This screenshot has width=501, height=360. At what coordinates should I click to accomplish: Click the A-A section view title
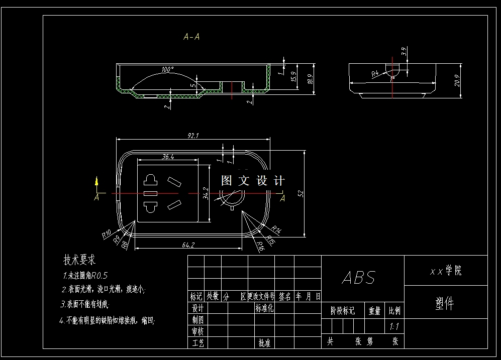[192, 37]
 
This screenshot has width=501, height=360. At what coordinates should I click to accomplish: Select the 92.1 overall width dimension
[193, 136]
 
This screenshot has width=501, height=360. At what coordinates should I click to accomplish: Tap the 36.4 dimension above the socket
[168, 157]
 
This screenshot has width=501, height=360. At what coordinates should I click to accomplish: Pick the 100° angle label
[168, 69]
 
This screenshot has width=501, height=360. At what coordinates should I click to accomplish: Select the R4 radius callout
[374, 74]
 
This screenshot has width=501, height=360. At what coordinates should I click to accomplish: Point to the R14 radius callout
[275, 229]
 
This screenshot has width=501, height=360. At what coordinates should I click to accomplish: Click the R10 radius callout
[107, 233]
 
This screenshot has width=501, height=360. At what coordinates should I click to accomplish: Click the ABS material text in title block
[359, 278]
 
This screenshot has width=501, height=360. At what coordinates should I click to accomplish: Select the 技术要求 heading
[79, 260]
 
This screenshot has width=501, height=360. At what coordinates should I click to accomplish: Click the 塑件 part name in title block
[445, 304]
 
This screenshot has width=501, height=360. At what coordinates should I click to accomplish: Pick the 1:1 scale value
[394, 326]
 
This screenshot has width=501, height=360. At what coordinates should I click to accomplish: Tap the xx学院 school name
[445, 271]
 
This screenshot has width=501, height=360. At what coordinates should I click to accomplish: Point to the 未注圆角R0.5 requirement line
[85, 276]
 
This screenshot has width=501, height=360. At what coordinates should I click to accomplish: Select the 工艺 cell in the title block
[197, 343]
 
